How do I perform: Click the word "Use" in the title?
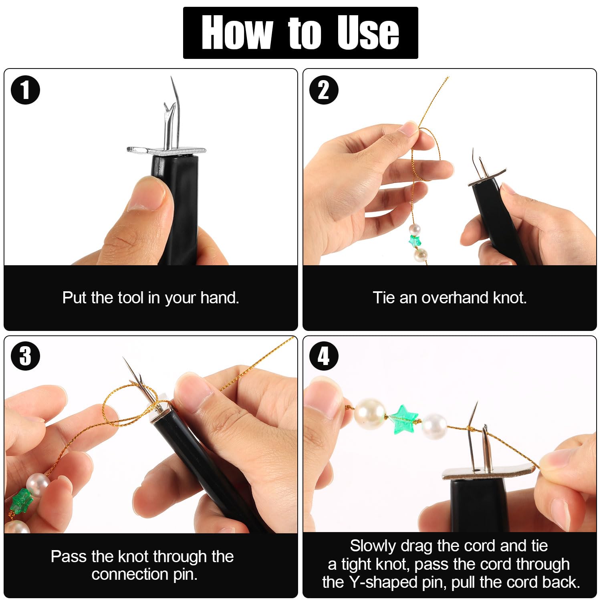tap(368, 33)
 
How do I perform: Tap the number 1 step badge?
tap(26, 90)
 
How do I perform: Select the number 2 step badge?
tap(324, 90)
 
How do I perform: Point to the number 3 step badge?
tap(26, 356)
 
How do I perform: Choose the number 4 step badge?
tap(324, 356)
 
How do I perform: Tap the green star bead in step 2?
tap(415, 241)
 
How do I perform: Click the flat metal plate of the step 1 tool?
tap(166, 151)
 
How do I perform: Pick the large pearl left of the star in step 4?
tap(369, 413)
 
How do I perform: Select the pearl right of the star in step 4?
tap(434, 426)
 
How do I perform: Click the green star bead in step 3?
tap(21, 501)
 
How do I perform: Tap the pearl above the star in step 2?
tap(415, 230)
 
